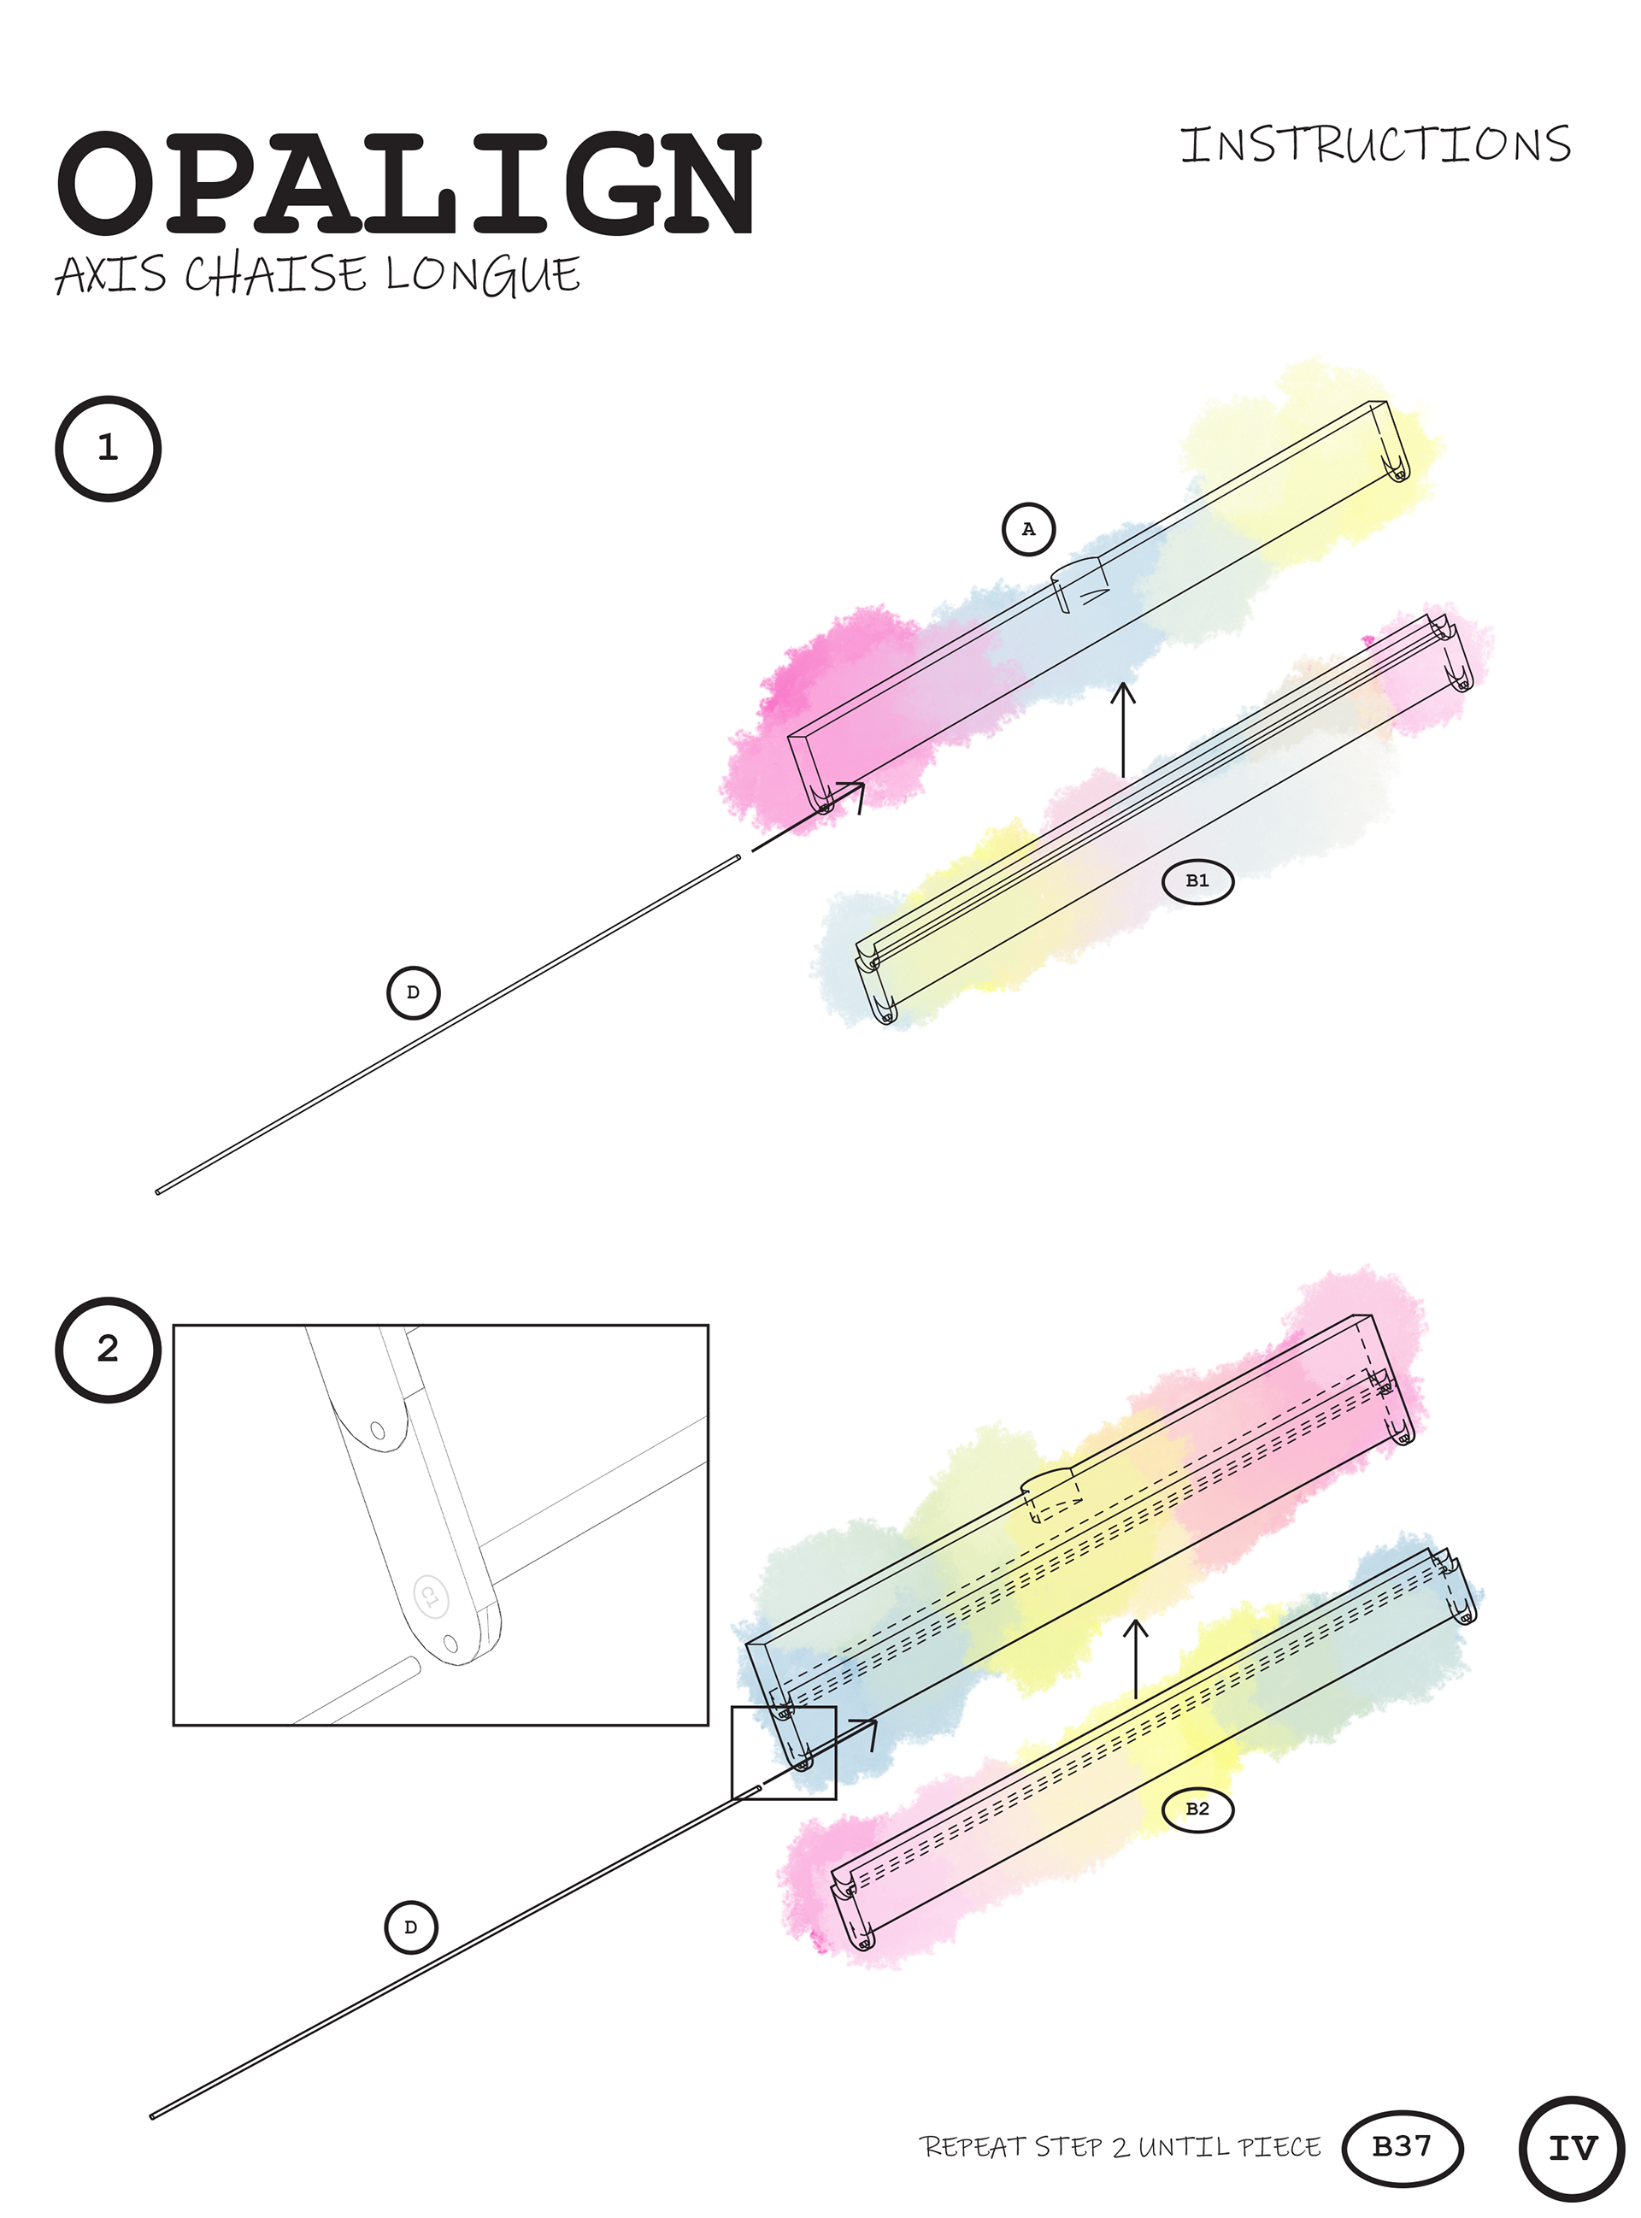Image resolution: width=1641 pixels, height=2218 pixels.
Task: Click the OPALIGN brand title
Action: (408, 185)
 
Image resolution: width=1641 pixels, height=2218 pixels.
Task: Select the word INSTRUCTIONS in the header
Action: (1376, 145)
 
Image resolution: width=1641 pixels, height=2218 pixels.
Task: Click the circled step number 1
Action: (108, 448)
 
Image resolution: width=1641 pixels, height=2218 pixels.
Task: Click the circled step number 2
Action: (108, 1349)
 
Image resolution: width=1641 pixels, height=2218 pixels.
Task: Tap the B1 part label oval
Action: (1198, 881)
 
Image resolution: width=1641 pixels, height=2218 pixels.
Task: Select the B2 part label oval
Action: (1198, 1809)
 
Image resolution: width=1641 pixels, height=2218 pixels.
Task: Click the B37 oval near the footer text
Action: (1402, 2146)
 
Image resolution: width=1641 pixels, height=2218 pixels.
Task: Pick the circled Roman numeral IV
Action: (1573, 2149)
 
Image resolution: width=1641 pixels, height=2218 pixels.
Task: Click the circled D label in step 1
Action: (412, 992)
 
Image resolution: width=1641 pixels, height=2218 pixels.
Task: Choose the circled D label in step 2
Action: (410, 1927)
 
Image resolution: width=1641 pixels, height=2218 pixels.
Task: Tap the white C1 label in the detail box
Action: (431, 1597)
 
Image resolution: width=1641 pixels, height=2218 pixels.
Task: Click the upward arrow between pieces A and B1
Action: (1123, 730)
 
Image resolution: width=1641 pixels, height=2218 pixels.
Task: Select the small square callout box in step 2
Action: (783, 1752)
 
